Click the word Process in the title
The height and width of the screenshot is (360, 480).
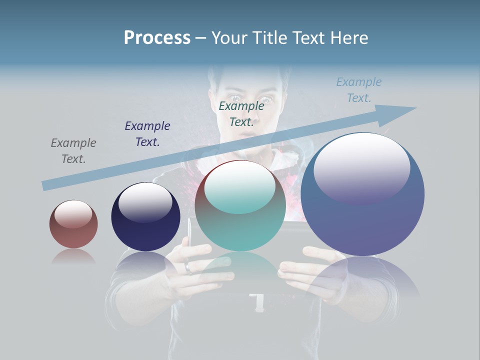pyautogui.click(x=157, y=38)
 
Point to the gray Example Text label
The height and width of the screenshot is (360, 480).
pyautogui.click(x=73, y=151)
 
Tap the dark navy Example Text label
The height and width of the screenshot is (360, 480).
pyautogui.click(x=147, y=134)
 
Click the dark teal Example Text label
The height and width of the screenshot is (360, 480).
pyautogui.click(x=241, y=113)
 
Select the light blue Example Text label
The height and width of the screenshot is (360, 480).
pyautogui.click(x=359, y=89)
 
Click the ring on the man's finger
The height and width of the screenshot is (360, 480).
pyautogui.click(x=188, y=267)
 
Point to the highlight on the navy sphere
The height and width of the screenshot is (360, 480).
pyautogui.click(x=145, y=202)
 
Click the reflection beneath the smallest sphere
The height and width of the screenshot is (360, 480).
pyautogui.click(x=73, y=257)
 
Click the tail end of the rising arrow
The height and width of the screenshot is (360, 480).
pyautogui.click(x=46, y=185)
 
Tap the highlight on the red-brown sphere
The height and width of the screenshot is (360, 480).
pyautogui.click(x=73, y=214)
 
